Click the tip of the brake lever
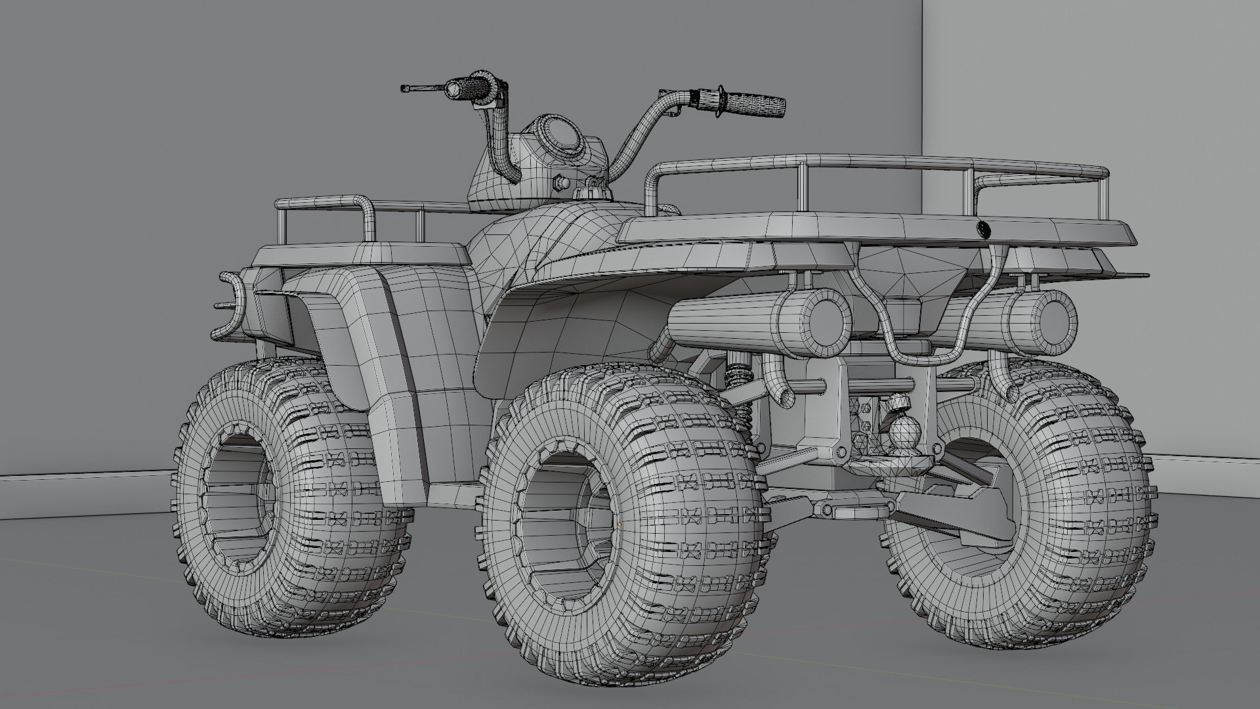(403, 87)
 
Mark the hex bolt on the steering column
(560, 183)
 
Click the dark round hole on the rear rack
(983, 229)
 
